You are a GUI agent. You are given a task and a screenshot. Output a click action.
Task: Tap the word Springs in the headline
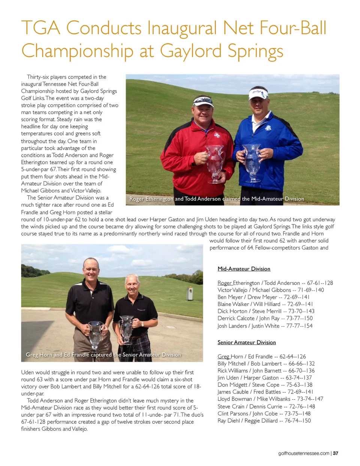point(255,52)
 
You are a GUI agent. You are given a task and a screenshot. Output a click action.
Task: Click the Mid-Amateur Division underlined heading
point(244,269)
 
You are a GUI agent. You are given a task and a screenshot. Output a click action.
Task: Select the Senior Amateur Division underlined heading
point(246,342)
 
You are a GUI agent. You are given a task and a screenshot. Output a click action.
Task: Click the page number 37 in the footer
point(336,453)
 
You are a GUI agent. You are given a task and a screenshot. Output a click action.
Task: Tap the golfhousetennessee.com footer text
point(304,453)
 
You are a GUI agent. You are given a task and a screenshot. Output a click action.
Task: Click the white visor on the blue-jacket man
point(258,93)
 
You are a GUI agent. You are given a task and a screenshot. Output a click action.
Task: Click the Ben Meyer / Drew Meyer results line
point(263,297)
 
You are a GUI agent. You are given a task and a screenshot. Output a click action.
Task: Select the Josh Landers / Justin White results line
point(265,326)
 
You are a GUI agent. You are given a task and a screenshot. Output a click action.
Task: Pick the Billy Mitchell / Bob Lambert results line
point(266,364)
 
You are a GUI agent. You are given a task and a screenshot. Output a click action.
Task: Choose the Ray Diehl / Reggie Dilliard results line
point(264,421)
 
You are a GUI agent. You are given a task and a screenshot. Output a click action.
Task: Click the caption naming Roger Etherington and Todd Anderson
point(216,199)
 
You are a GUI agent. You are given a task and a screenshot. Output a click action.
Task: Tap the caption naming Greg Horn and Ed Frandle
point(103,355)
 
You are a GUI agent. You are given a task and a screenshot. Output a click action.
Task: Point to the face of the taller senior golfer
point(91,269)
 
